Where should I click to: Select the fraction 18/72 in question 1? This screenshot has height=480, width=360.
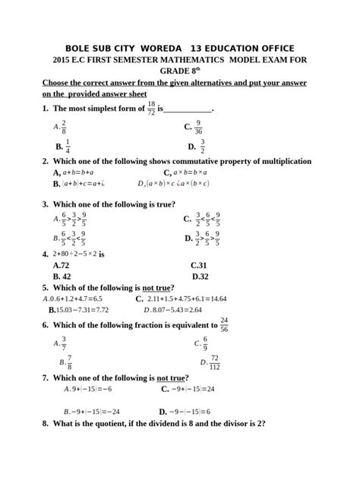(151, 108)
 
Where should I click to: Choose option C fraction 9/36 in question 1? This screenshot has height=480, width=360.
(198, 127)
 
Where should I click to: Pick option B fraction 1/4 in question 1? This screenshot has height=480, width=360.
(68, 146)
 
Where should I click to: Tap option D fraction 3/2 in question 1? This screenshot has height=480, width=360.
(203, 146)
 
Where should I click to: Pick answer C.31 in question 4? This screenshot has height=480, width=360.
(200, 266)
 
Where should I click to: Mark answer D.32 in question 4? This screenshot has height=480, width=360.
(201, 277)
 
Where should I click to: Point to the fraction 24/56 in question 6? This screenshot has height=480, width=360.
(224, 324)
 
